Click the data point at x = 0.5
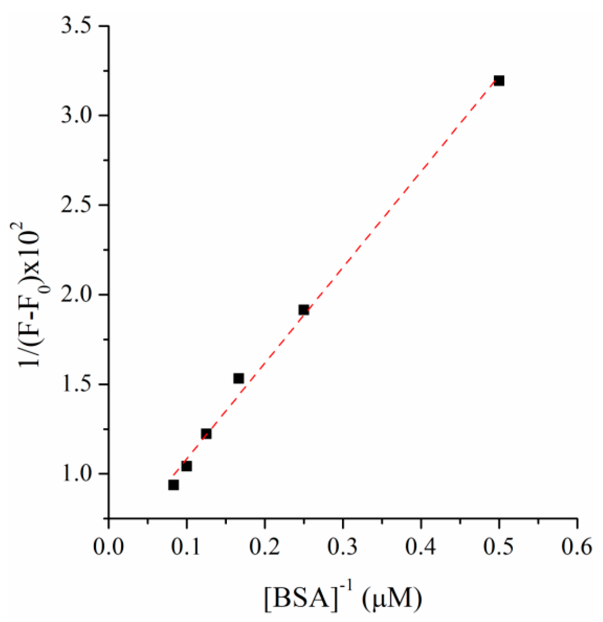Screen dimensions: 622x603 click(499, 81)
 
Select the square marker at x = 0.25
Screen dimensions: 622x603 click(304, 310)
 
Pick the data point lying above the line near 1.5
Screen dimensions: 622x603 click(238, 378)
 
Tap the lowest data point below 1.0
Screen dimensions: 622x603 click(173, 485)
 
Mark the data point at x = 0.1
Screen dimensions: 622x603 click(187, 466)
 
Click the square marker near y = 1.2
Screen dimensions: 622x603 click(206, 434)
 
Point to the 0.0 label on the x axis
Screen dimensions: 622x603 click(109, 547)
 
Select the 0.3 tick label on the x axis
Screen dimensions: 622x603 click(343, 547)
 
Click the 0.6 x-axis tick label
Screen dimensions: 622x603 click(577, 547)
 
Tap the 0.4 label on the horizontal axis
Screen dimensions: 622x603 click(421, 547)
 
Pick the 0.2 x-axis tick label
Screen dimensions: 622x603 click(264, 547)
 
